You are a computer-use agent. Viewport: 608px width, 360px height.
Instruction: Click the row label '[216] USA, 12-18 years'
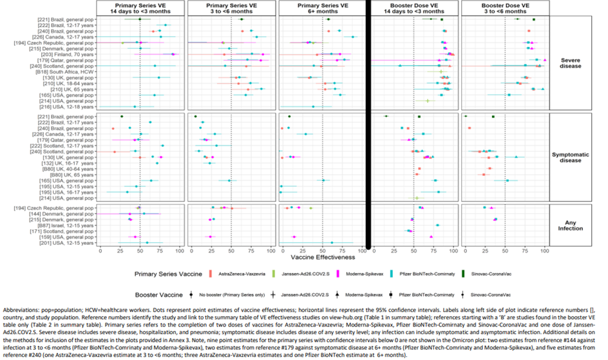point(70,106)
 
